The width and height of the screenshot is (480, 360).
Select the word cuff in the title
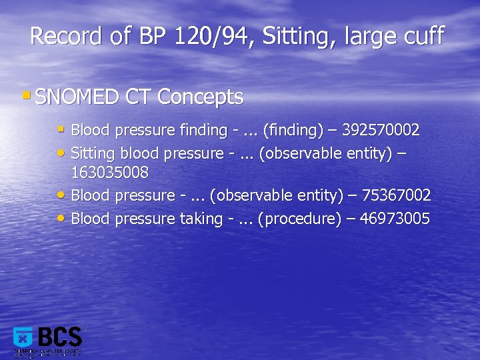423,36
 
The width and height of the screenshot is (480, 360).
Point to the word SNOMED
77,97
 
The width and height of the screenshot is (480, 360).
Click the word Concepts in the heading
201,97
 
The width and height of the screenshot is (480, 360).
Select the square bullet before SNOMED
25,96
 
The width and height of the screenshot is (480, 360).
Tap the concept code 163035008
109,173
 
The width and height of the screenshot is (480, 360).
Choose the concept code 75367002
396,195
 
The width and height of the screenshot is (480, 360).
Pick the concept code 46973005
395,218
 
